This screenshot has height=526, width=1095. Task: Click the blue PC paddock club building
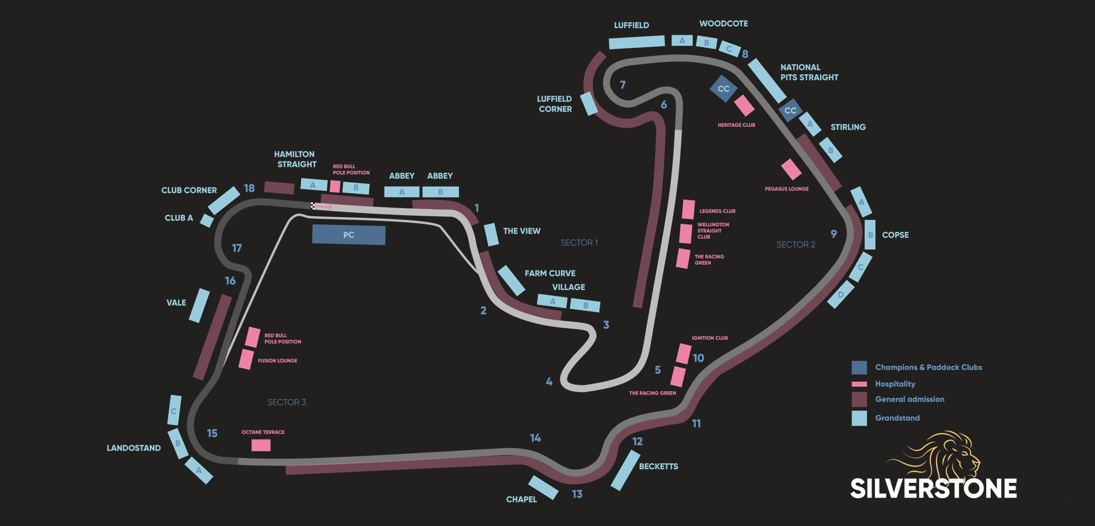(x=348, y=235)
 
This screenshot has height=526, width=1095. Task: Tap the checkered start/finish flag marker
(x=313, y=206)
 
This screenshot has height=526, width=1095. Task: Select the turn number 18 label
(x=249, y=188)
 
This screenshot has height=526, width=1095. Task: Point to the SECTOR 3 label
(x=286, y=402)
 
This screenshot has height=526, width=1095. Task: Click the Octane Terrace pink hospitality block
(x=261, y=445)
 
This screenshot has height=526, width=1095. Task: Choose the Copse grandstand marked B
(x=870, y=235)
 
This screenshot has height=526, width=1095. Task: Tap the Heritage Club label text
(x=736, y=125)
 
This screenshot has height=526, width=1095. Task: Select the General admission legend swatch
(x=859, y=399)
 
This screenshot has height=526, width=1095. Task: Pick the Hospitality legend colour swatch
(x=859, y=384)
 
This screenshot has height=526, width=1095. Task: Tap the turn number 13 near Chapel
(x=577, y=494)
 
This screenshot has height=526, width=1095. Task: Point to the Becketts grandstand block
(x=625, y=470)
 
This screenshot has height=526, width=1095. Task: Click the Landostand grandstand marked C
(x=175, y=410)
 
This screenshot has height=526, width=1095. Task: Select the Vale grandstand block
(x=199, y=305)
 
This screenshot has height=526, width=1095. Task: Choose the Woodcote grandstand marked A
(x=682, y=40)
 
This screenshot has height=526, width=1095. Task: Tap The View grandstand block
(x=491, y=234)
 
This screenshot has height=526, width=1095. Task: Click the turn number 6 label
(x=664, y=105)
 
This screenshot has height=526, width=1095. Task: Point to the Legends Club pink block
(x=688, y=209)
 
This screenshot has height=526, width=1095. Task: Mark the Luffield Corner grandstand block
(x=589, y=104)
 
